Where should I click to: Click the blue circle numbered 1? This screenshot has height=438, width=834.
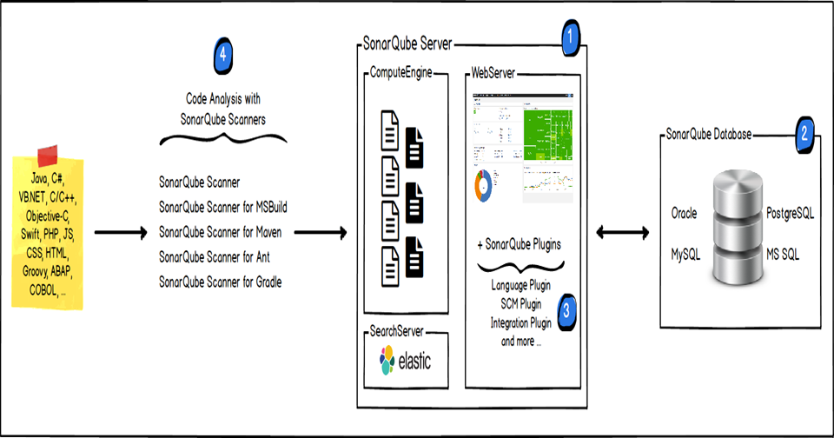[570, 36]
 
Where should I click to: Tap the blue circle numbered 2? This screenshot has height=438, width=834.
[805, 134]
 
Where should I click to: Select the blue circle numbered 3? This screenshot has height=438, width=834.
[566, 310]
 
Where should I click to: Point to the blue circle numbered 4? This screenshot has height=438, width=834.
[223, 55]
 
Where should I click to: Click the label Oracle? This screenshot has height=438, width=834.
[685, 214]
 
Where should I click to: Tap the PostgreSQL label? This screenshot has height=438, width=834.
[791, 214]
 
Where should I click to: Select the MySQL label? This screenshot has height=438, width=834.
[685, 255]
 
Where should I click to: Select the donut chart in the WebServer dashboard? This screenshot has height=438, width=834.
[483, 183]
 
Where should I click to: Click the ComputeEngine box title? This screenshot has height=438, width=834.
[401, 74]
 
